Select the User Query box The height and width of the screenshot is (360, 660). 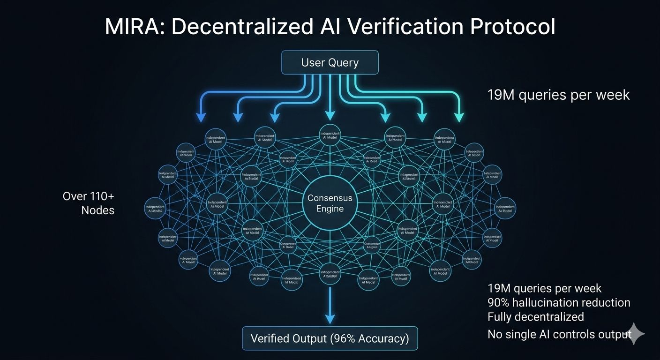[x=330, y=62]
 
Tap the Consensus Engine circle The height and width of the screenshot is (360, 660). [x=330, y=203]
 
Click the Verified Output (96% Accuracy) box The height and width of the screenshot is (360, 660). [x=330, y=338]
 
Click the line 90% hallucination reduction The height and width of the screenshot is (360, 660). [x=559, y=303]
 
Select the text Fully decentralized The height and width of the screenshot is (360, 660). [x=536, y=317]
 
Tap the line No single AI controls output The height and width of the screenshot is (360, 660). [x=559, y=334]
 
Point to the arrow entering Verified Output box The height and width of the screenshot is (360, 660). [x=330, y=319]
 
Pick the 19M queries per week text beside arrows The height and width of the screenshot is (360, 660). [x=559, y=95]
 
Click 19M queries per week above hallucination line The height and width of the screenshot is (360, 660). [x=545, y=288]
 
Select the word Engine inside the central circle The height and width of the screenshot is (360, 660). [x=330, y=209]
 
